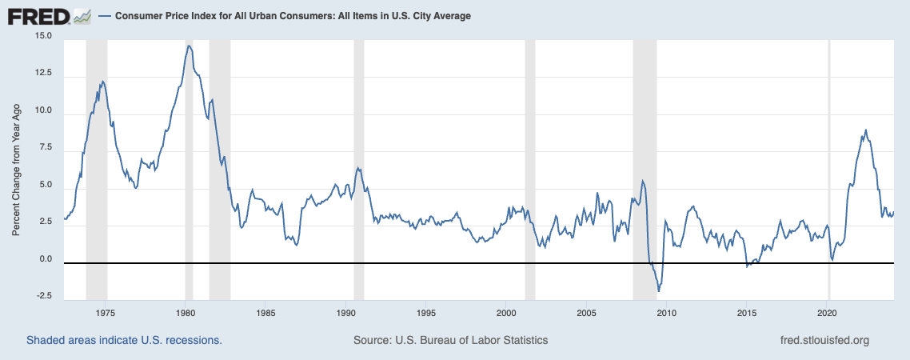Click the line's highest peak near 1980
click(x=189, y=46)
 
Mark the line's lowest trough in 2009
click(x=658, y=291)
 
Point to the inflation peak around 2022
click(x=866, y=130)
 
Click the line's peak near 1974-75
click(x=102, y=81)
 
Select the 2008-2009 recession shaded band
click(x=645, y=160)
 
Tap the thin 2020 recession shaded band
click(x=829, y=160)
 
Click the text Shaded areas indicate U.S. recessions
click(x=124, y=340)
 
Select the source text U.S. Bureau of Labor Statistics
click(x=450, y=340)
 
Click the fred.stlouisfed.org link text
click(x=824, y=340)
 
